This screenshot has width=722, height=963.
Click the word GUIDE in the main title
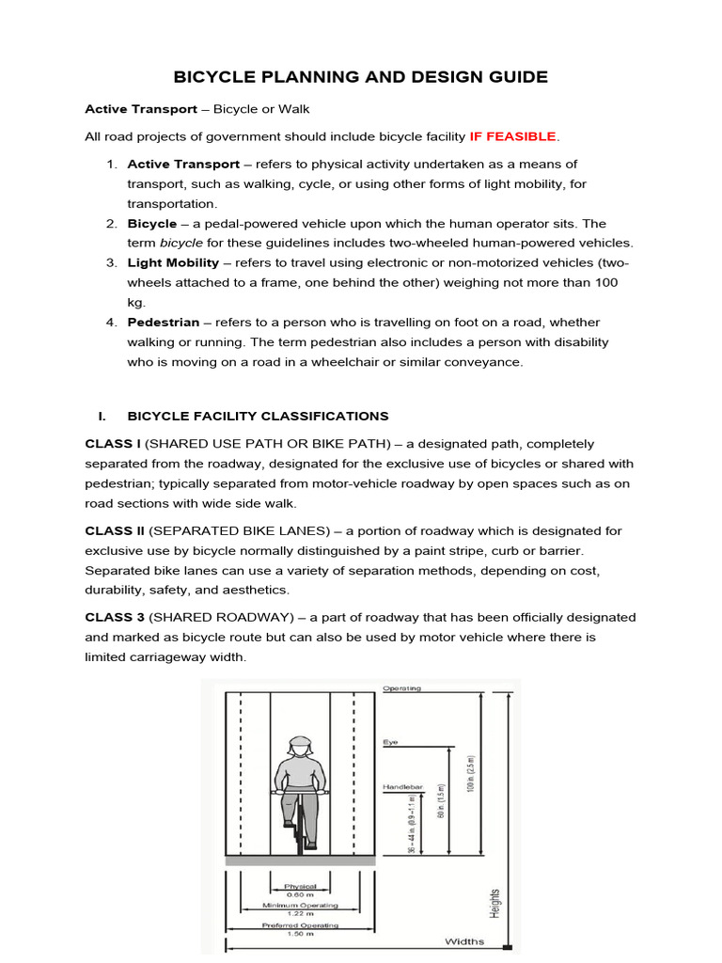tap(508, 77)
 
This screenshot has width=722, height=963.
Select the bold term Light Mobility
tap(173, 262)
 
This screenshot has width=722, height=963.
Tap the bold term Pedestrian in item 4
tap(164, 323)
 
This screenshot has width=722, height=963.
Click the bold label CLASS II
tap(114, 531)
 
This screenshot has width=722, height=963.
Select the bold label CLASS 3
tap(114, 617)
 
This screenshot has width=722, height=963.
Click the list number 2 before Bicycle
tap(111, 223)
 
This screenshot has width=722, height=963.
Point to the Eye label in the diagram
tap(389, 742)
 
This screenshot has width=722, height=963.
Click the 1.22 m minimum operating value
tap(300, 912)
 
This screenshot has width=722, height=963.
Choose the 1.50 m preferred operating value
tap(300, 932)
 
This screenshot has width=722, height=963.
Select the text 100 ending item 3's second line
tap(606, 282)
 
